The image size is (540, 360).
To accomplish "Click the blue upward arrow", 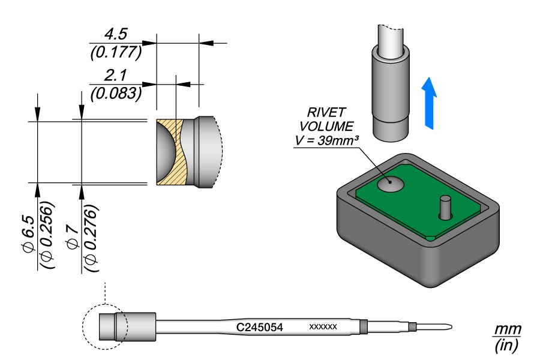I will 429,103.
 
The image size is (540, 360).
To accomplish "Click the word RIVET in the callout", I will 323,113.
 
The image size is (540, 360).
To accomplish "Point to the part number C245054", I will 260,327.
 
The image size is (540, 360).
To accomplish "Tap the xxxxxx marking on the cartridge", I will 323,327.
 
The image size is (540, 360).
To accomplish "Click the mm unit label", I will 508,330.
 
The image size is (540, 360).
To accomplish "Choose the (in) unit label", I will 507,346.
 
